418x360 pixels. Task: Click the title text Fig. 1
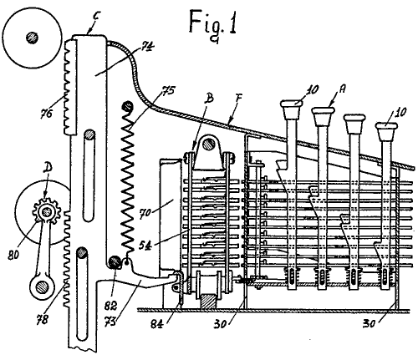(x=213, y=23)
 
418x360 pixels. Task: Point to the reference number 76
(x=46, y=114)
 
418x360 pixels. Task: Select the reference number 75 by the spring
(x=168, y=90)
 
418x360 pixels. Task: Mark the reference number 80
(x=13, y=255)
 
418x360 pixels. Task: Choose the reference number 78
(x=42, y=319)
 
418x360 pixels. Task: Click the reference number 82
(x=111, y=306)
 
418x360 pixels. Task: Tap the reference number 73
(x=111, y=323)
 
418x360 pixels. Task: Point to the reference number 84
(x=157, y=323)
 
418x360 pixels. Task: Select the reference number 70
(x=145, y=213)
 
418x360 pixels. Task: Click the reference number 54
(x=146, y=246)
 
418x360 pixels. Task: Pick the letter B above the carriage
(x=209, y=99)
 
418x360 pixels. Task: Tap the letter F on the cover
(x=239, y=98)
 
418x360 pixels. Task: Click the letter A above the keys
(x=342, y=89)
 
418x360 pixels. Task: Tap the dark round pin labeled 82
(x=115, y=262)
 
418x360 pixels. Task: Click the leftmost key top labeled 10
(x=292, y=109)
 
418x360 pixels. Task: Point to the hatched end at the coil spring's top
(x=128, y=107)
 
